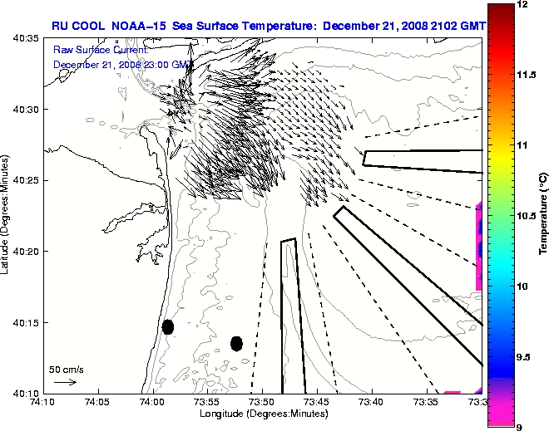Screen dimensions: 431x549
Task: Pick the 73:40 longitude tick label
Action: click(371, 402)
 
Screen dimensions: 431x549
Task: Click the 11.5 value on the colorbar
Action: click(527, 75)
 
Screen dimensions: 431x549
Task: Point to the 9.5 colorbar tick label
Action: click(527, 356)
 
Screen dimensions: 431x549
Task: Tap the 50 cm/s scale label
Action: click(66, 369)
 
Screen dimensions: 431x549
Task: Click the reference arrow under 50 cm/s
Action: click(65, 382)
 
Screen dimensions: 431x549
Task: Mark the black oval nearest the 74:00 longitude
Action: click(168, 326)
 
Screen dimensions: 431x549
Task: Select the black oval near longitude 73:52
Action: click(236, 343)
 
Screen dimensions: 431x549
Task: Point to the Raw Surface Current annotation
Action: click(90, 51)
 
